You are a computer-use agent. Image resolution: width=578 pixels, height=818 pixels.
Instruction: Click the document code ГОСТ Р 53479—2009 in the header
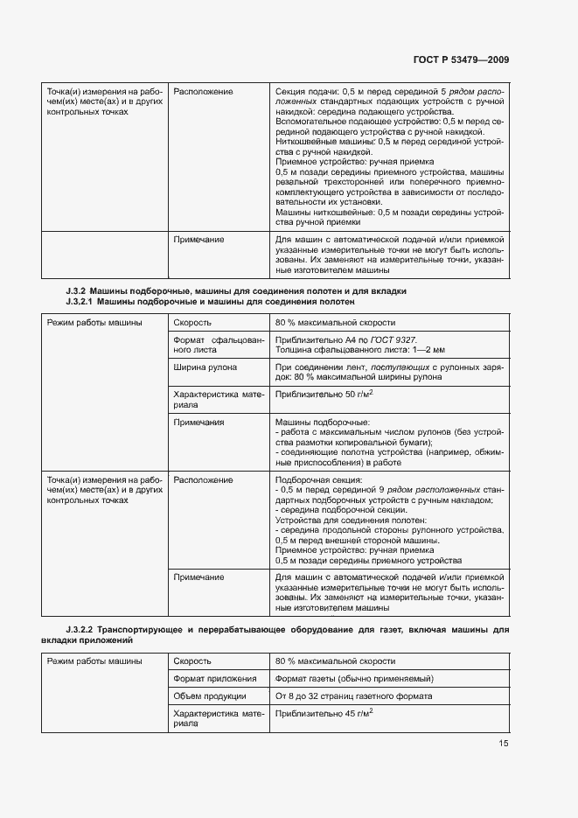462,59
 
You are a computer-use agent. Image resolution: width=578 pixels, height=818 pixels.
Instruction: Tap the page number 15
503,743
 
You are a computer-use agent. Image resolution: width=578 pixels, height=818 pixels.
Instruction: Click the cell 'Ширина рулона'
205,367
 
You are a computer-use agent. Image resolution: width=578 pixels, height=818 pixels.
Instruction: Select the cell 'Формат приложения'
214,679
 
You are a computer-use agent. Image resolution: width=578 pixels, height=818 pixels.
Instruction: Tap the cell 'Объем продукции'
210,696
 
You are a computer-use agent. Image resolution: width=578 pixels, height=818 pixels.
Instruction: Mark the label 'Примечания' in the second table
198,423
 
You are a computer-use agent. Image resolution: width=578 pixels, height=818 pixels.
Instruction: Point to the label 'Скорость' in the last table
192,661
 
